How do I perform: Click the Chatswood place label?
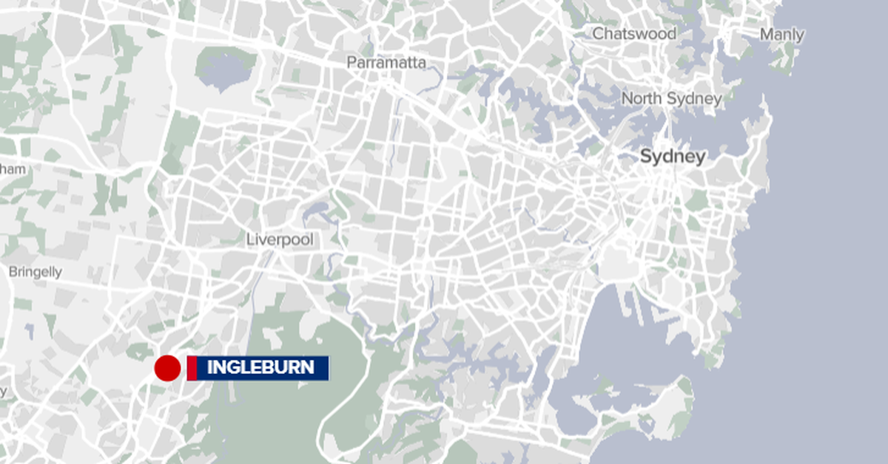(x=634, y=34)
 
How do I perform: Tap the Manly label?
(x=781, y=35)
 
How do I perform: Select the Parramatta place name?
(x=386, y=63)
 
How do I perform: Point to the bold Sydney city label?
(x=672, y=157)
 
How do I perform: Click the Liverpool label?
(x=280, y=240)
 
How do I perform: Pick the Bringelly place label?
(x=35, y=272)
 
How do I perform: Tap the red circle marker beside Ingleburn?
(x=167, y=368)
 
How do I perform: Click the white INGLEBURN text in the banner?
(x=260, y=367)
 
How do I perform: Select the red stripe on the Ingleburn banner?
(x=192, y=368)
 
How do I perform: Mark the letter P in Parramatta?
(x=351, y=63)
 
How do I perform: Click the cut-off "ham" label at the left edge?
(x=13, y=170)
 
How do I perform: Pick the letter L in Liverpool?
(x=250, y=240)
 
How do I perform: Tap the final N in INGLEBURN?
(x=308, y=367)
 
